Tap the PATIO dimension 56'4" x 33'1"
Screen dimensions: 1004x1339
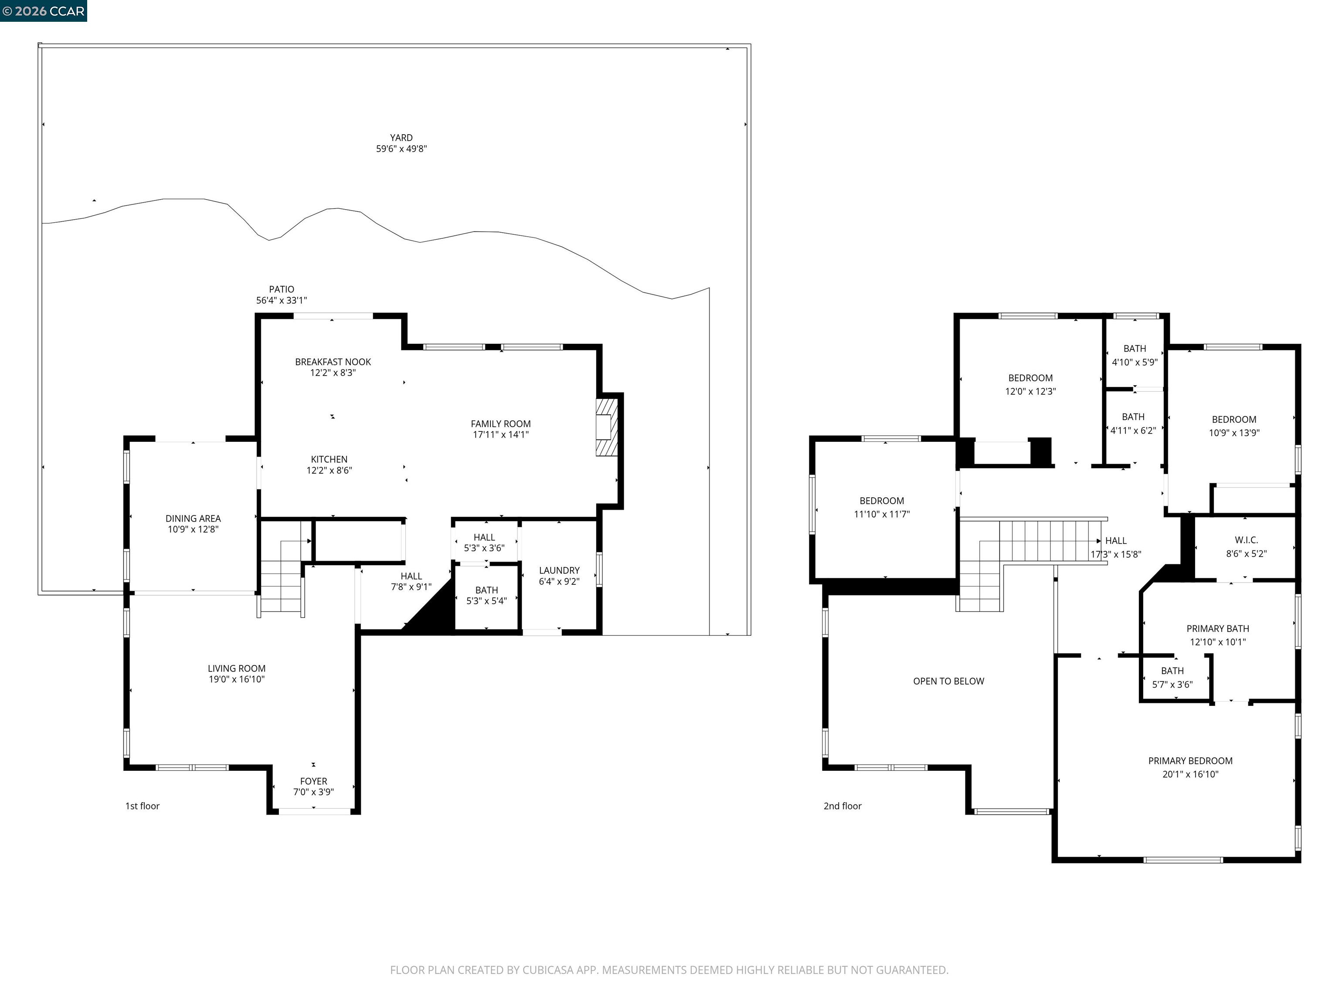click(x=282, y=300)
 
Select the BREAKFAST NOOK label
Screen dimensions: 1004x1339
click(x=333, y=362)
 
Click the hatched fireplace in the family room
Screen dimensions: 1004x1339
click(x=607, y=426)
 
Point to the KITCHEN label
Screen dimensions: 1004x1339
click(x=329, y=459)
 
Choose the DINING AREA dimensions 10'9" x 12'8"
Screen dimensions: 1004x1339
click(x=193, y=529)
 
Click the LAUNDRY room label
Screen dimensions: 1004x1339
click(x=559, y=570)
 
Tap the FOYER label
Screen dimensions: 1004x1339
click(x=313, y=781)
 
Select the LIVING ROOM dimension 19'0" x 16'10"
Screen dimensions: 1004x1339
click(x=236, y=679)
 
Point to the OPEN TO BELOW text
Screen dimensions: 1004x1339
click(x=948, y=681)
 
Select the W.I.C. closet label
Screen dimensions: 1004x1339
click(x=1246, y=540)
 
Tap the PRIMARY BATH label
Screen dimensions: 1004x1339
click(x=1217, y=629)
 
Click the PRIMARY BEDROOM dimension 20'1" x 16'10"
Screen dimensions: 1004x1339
click(x=1189, y=774)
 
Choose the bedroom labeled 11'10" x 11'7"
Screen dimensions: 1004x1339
click(x=881, y=507)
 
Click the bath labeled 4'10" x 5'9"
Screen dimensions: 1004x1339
click(x=1135, y=355)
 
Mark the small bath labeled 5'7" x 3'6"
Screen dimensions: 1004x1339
click(x=1172, y=677)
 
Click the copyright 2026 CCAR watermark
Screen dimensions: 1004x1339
click(x=43, y=11)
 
